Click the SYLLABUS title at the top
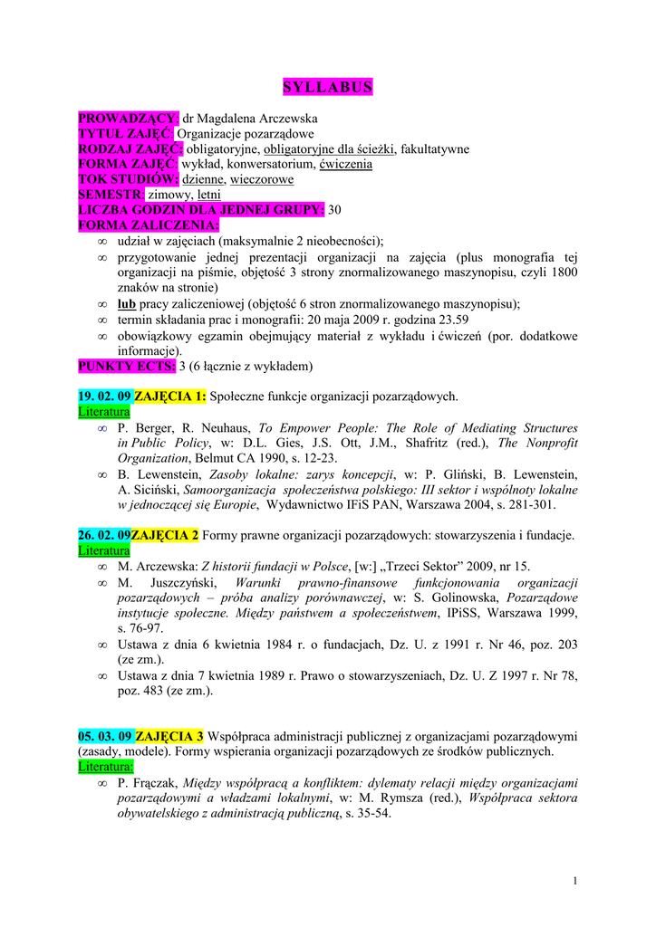pyautogui.click(x=327, y=87)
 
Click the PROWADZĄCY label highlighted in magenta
pyautogui.click(x=129, y=119)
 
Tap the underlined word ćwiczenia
pyautogui.click(x=343, y=164)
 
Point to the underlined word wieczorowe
pyautogui.click(x=260, y=179)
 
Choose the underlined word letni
pyautogui.click(x=209, y=195)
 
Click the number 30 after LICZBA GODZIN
pyautogui.click(x=335, y=210)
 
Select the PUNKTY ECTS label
pyautogui.click(x=127, y=367)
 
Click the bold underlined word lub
pyautogui.click(x=126, y=303)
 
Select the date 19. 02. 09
pyautogui.click(x=104, y=397)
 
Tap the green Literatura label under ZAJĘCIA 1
pyautogui.click(x=103, y=412)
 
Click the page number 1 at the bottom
pyautogui.click(x=575, y=881)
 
